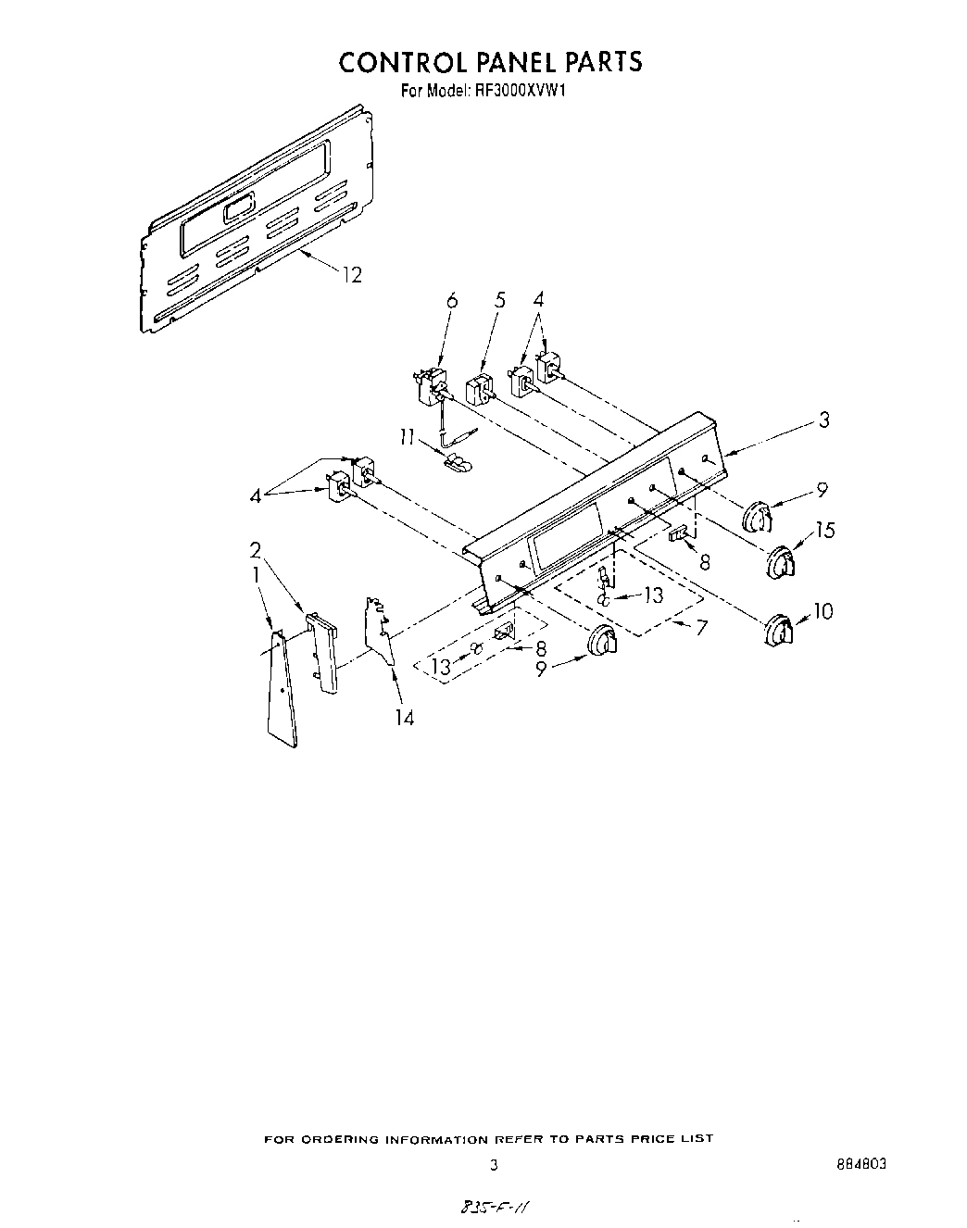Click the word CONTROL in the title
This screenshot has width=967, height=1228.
[400, 62]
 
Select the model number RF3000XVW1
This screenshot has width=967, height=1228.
[526, 92]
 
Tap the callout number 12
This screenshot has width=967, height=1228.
[351, 275]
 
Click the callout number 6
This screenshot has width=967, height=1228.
[452, 300]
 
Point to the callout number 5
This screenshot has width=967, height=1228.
[500, 300]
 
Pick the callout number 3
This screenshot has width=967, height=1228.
[823, 420]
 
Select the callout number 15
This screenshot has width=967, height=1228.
[824, 530]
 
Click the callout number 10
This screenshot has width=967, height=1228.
[823, 610]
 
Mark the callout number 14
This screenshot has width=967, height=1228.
[404, 718]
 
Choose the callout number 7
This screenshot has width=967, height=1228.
[701, 627]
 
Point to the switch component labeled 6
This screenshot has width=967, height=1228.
[431, 387]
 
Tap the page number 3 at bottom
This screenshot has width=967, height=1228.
[494, 1165]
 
